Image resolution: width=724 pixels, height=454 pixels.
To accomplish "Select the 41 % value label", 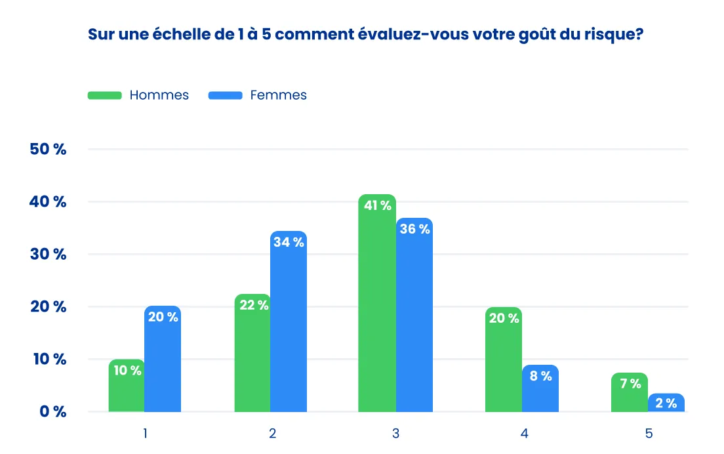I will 377,205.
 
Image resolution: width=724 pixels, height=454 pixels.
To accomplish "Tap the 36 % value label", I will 414,229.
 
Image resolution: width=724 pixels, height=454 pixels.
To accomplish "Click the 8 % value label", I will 540,376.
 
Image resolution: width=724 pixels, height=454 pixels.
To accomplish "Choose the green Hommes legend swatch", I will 105,95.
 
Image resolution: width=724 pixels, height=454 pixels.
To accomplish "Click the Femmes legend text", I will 278,95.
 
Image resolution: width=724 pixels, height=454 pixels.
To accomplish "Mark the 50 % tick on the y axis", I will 49,149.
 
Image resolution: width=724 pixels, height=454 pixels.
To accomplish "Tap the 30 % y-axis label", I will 49,254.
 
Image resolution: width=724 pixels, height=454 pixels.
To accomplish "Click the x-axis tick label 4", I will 524,433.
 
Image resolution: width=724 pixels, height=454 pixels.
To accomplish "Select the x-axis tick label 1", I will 145,433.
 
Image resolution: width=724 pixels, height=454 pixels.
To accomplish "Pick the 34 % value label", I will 289,242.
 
